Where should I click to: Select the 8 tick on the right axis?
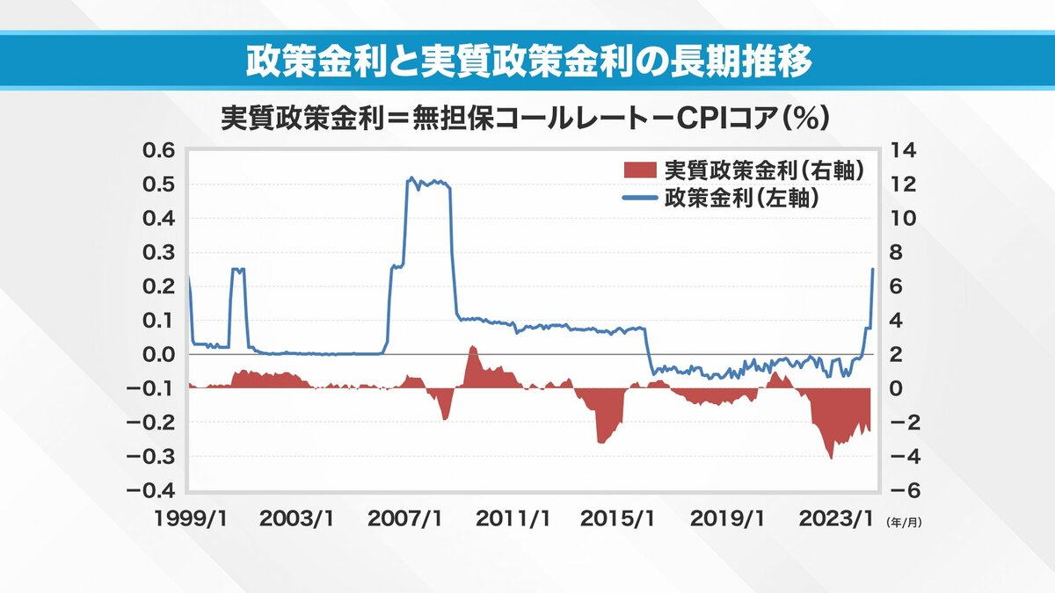click(899, 252)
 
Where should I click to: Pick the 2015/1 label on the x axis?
click(617, 519)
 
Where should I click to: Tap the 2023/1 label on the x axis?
click(831, 519)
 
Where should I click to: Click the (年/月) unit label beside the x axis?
click(904, 521)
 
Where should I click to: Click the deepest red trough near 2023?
click(831, 457)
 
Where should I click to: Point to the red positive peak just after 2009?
click(472, 348)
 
